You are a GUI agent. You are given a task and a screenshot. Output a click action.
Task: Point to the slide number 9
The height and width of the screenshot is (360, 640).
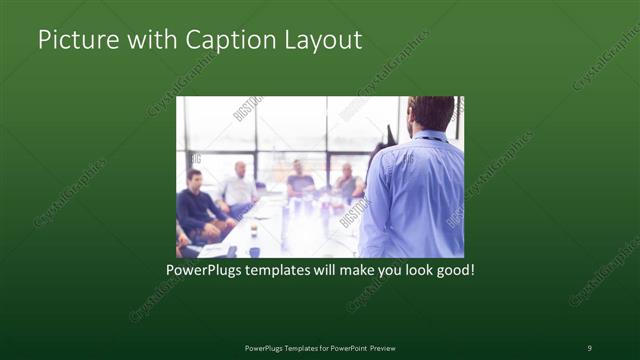click(589, 347)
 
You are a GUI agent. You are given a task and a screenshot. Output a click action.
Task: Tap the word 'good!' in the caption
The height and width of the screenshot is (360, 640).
click(454, 270)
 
